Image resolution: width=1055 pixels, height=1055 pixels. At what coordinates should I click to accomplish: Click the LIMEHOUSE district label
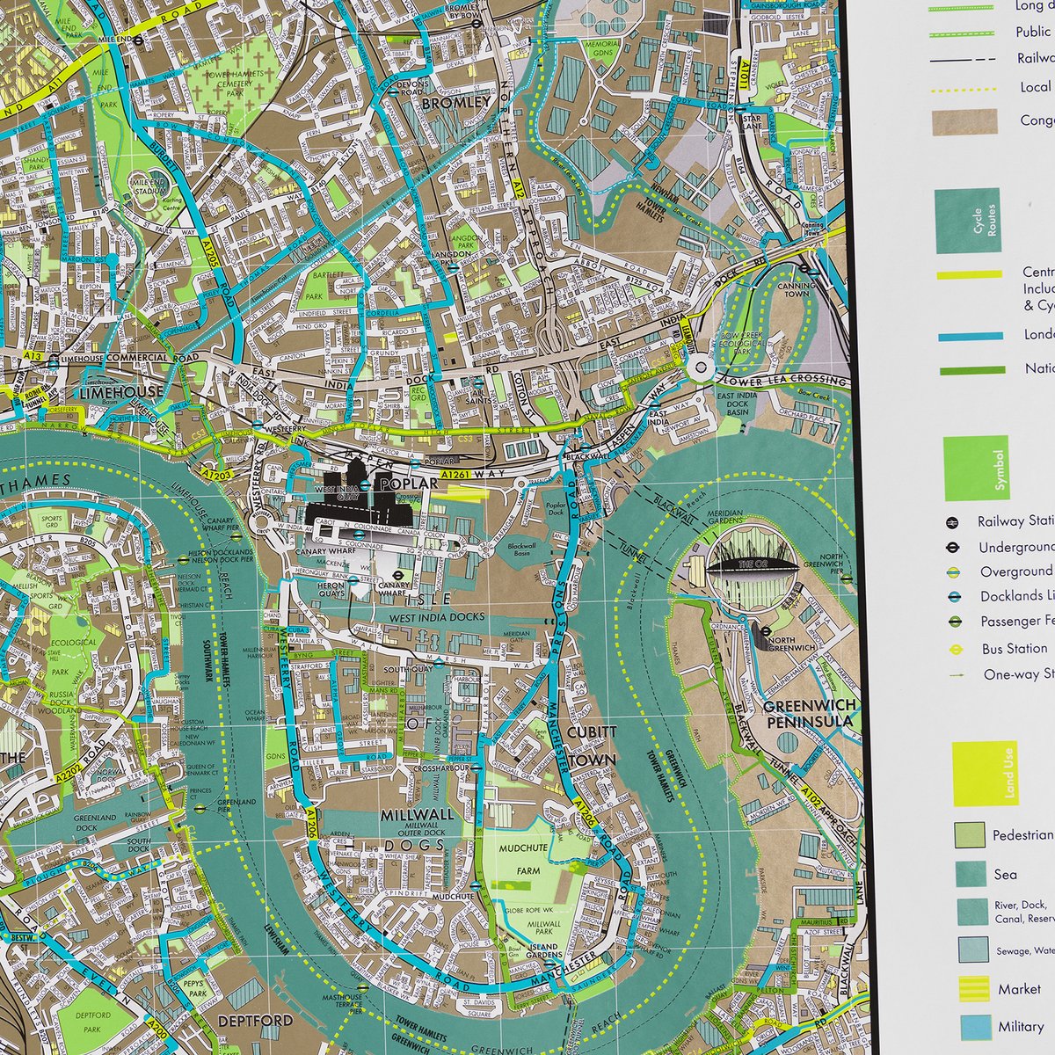[x=122, y=392]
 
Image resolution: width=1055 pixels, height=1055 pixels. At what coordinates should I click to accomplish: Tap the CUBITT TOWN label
[x=592, y=746]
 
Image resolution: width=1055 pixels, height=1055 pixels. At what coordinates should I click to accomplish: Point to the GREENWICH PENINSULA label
[x=809, y=714]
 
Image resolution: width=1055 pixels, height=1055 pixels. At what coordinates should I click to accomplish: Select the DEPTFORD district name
[x=254, y=1021]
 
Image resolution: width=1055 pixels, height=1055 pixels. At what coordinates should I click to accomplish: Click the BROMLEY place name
[x=456, y=103]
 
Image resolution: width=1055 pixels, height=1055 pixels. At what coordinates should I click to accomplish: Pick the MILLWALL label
[x=418, y=815]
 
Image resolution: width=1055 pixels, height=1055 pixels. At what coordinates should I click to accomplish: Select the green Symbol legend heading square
[x=976, y=468]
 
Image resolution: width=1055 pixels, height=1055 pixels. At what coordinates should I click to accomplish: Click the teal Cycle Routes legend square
[x=967, y=221]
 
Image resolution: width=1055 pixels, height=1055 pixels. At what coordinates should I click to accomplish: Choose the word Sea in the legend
[x=1005, y=874]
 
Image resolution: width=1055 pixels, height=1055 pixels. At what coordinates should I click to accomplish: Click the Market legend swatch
[x=972, y=989]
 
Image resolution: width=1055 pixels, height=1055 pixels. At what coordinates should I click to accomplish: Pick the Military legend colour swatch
[x=972, y=1026]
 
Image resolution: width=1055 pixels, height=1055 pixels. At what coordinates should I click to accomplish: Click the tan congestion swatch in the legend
[x=964, y=122]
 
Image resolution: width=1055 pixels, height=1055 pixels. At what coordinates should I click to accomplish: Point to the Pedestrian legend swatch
[x=970, y=835]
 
